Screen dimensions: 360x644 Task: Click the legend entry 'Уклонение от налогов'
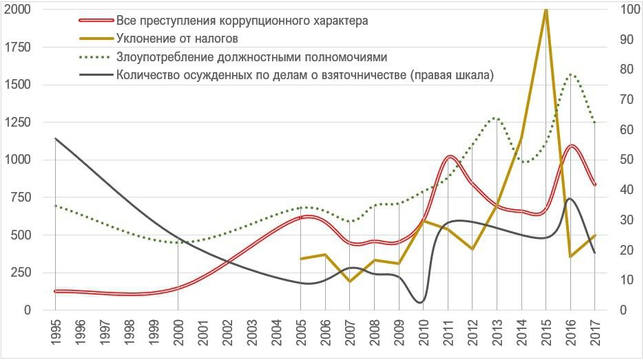[177, 39]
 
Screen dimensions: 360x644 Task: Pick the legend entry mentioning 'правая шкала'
[305, 75]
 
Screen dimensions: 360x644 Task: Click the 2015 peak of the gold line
[546, 10]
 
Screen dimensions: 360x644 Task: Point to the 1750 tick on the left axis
[19, 47]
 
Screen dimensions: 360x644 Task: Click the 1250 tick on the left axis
[19, 123]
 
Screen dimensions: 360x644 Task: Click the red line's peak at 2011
[449, 157]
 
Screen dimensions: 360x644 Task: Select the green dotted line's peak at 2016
[571, 74]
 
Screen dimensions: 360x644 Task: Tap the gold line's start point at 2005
[301, 259]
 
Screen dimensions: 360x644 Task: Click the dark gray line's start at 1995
[56, 138]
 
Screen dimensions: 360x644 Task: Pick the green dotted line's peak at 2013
[495, 118]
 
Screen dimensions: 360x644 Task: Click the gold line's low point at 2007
[350, 281]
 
